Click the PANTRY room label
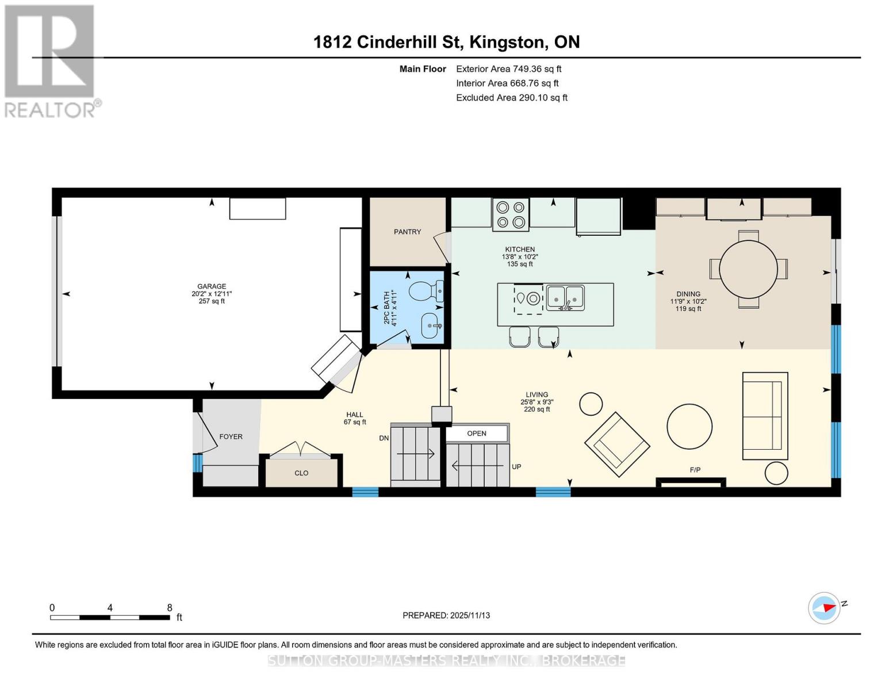tap(407, 232)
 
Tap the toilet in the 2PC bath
tap(426, 291)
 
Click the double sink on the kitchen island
tap(565, 298)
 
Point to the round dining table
tap(748, 269)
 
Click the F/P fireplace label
tap(695, 470)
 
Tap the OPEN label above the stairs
tap(476, 433)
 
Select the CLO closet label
tap(301, 473)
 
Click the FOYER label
tap(231, 436)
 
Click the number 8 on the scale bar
tap(169, 607)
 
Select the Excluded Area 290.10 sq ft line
tap(512, 98)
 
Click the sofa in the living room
tap(765, 416)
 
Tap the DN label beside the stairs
tap(384, 438)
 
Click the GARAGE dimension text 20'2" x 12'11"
tap(212, 294)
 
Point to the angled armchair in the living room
tap(617, 444)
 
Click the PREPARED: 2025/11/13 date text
tap(446, 615)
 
